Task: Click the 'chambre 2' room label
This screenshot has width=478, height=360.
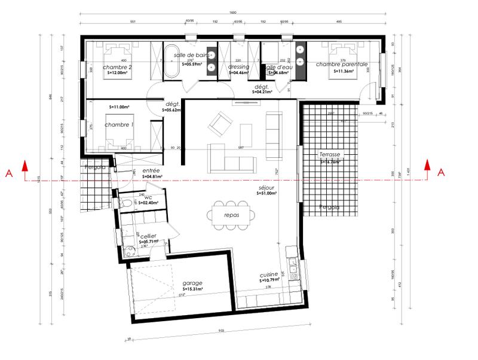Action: point(117,67)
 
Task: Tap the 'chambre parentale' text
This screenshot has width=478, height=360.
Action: point(342,63)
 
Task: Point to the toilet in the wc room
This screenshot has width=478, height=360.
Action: point(125,203)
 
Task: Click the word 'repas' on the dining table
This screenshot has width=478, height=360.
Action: point(232,215)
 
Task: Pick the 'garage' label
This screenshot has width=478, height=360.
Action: point(193,283)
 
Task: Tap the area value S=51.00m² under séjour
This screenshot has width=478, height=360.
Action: point(266,193)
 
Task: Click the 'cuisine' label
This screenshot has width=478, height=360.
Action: point(269,274)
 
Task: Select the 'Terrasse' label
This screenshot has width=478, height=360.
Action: point(330,154)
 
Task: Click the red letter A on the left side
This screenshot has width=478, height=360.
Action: point(8,173)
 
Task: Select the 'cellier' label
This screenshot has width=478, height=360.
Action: point(148,237)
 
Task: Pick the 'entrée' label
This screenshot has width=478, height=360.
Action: point(151,171)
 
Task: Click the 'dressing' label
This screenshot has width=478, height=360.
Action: point(239,67)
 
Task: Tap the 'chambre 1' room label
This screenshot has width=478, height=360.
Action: point(118,125)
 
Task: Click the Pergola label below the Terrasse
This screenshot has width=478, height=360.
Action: point(329,208)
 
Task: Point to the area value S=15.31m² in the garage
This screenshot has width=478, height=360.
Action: point(192,289)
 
